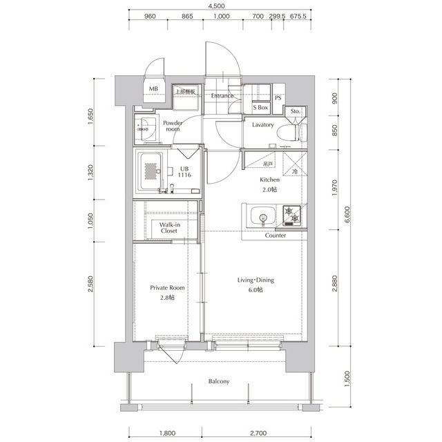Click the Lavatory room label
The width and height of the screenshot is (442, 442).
coord(262,124)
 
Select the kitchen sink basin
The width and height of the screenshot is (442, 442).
coord(262,216)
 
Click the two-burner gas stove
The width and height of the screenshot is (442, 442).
coord(292,215)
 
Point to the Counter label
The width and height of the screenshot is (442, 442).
coord(276,236)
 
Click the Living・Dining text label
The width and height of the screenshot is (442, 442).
coord(256,280)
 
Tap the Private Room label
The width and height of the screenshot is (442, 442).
coord(167,288)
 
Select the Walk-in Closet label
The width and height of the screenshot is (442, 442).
coord(169,228)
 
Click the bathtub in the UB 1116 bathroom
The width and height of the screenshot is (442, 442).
coord(151,172)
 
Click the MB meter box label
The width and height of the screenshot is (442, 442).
coord(153,89)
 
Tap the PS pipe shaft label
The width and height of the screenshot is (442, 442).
coord(278,98)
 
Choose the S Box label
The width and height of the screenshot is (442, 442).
coord(260,108)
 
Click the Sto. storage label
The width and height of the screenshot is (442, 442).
coord(296,111)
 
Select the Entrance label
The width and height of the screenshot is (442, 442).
coord(222,96)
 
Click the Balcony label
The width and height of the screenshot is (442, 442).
coord(219,381)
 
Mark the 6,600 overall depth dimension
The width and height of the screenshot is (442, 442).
coord(347,215)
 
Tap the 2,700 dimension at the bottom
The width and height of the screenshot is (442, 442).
coord(258,433)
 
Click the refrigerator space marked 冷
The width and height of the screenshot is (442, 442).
coord(292,164)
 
